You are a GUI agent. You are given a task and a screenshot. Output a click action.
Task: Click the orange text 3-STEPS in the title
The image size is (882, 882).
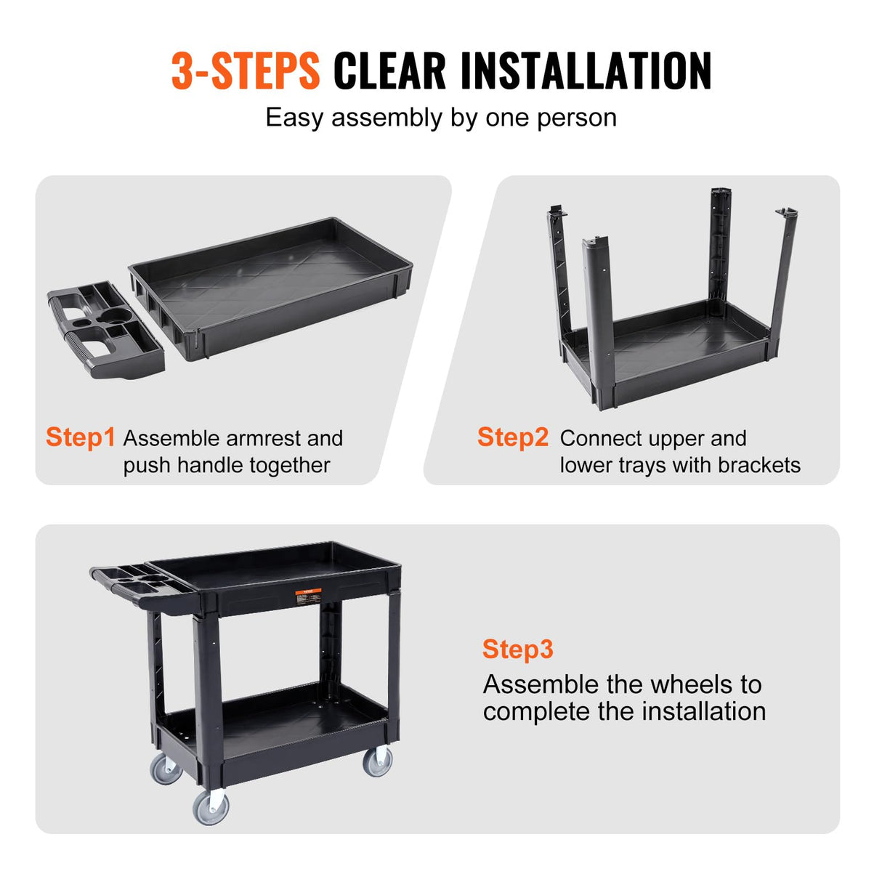[x=246, y=71]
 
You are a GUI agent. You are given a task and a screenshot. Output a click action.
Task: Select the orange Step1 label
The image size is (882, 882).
[x=80, y=437]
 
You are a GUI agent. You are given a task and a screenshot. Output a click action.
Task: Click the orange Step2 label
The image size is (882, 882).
[x=512, y=437]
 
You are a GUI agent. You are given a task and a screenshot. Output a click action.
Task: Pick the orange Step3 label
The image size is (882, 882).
[x=517, y=649]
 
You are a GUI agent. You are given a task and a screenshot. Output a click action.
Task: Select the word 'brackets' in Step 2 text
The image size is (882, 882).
[x=758, y=466]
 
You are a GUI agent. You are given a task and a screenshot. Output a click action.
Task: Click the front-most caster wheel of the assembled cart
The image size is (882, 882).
[x=211, y=806]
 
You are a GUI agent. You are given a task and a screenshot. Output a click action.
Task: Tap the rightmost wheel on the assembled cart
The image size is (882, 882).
[x=378, y=761]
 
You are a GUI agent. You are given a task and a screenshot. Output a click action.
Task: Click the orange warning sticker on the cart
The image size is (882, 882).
[x=307, y=596]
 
